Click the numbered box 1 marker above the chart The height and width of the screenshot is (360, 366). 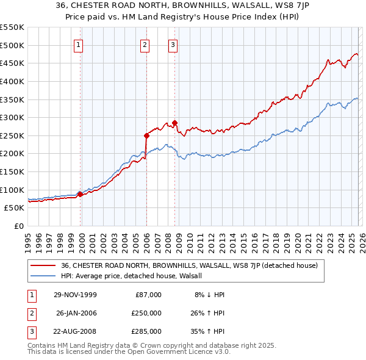coord(80,44)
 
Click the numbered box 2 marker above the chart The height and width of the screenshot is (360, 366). coord(145,44)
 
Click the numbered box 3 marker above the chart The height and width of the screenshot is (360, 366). coord(173,44)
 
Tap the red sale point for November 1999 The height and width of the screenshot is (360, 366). coord(80,194)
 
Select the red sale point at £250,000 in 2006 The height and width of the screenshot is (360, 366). coord(146,135)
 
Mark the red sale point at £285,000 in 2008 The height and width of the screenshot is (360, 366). coord(174,123)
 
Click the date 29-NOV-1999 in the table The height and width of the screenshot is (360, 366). coord(75,295)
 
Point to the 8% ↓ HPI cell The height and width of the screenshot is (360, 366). coord(209,295)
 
